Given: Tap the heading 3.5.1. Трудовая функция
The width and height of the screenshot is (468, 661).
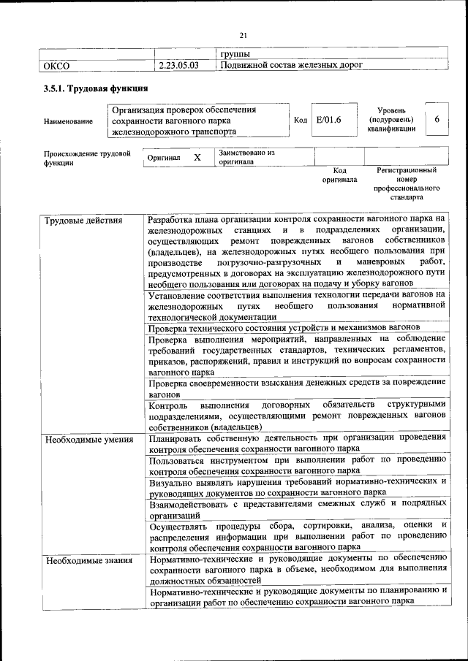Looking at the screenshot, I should (x=96, y=89).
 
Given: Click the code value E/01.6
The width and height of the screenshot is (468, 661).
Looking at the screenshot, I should (x=325, y=121).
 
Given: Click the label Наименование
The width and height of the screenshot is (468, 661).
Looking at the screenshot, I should (x=68, y=121).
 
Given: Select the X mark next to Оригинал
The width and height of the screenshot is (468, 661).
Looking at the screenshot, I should (x=197, y=157).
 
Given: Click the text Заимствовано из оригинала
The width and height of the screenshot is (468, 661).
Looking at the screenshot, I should (x=246, y=157).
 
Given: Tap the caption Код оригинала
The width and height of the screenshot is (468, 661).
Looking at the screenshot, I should (x=339, y=175).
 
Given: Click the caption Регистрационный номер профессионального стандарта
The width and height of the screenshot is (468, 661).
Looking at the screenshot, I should (x=407, y=183).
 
